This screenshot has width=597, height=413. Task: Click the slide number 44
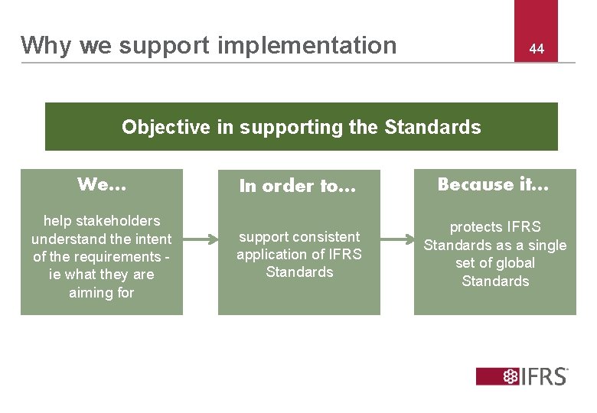tap(537, 49)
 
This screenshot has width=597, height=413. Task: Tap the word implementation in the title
tap(307, 45)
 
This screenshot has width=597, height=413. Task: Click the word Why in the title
tap(47, 45)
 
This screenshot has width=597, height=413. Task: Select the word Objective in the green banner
tap(166, 127)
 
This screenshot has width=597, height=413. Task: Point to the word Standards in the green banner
tap(432, 127)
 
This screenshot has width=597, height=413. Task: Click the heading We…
tap(102, 184)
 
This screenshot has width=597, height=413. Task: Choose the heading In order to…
tap(298, 186)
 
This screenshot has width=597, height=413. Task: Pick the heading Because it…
tap(494, 184)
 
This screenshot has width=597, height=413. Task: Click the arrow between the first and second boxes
tap(201, 240)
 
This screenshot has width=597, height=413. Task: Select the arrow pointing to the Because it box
tap(396, 240)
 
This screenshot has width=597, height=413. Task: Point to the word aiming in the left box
tap(91, 292)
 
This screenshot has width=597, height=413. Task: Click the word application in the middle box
tap(270, 255)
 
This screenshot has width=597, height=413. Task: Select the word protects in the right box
tap(476, 227)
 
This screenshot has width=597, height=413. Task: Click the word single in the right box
tap(548, 246)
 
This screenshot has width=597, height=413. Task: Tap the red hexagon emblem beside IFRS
tap(510, 376)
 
